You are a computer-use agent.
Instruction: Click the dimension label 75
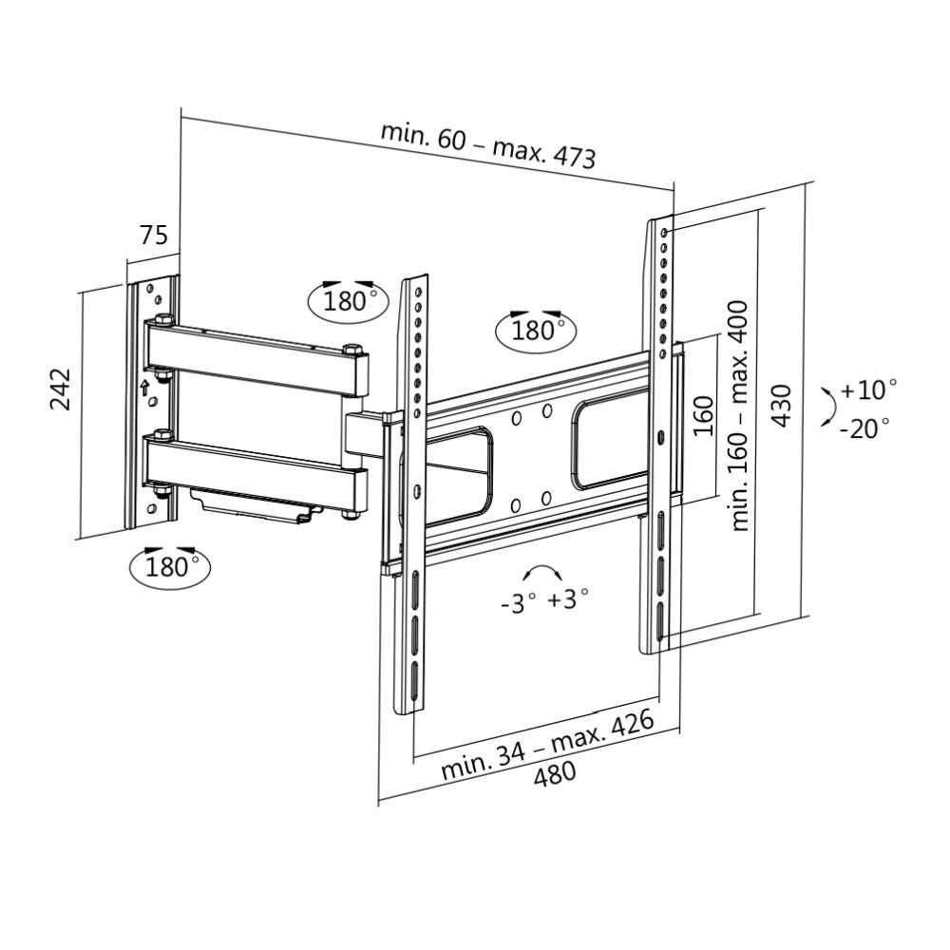154,235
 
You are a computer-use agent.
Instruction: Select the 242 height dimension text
62,389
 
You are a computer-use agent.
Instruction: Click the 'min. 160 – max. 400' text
741,415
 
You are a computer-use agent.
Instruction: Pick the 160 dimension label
703,415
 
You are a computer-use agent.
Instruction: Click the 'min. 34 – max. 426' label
548,744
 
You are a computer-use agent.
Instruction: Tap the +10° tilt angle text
868,389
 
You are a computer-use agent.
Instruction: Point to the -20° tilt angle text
864,427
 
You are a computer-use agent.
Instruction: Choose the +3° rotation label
568,598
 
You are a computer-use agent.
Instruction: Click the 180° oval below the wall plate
170,567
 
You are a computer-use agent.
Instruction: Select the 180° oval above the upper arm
349,301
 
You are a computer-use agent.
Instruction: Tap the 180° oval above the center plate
537,330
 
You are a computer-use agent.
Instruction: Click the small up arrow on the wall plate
144,387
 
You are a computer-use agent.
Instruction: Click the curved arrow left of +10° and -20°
828,406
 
